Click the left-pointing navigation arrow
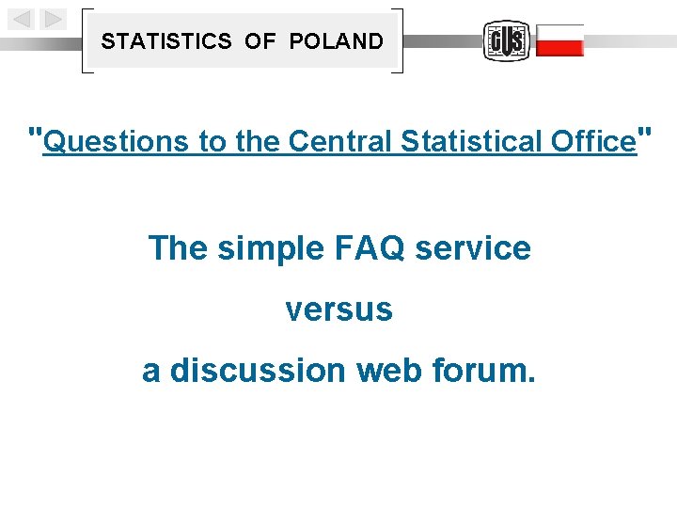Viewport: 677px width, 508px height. [x=23, y=19]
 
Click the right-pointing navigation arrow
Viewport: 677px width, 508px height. [x=54, y=19]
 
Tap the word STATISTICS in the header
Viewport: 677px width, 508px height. [x=166, y=41]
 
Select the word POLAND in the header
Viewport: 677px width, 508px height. [x=337, y=41]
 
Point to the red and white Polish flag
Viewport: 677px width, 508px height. [x=559, y=40]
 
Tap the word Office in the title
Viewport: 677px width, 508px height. [x=592, y=141]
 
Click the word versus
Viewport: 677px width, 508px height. [x=338, y=310]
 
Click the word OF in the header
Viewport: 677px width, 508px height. [x=260, y=41]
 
